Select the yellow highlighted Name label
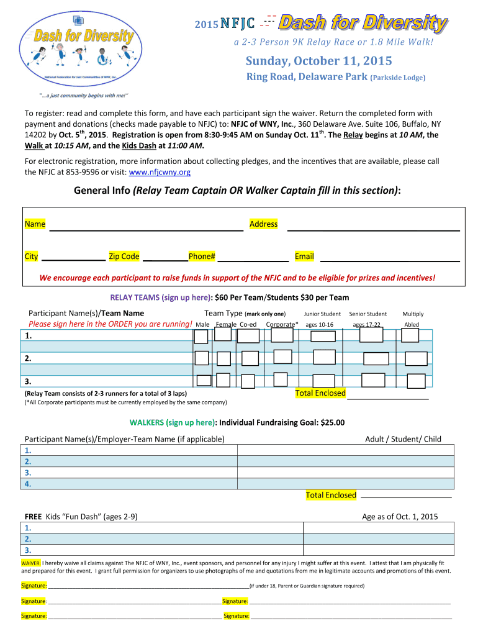[x=35, y=224]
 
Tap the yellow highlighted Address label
[x=263, y=224]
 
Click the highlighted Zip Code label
[x=124, y=257]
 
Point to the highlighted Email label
[x=304, y=257]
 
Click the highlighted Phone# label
[x=202, y=257]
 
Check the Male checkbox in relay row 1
[x=201, y=336]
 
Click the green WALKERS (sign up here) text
[x=172, y=423]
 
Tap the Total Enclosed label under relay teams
[x=320, y=393]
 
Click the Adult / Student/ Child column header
[x=403, y=439]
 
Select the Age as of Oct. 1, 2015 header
[x=400, y=517]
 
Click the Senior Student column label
[x=368, y=314]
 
